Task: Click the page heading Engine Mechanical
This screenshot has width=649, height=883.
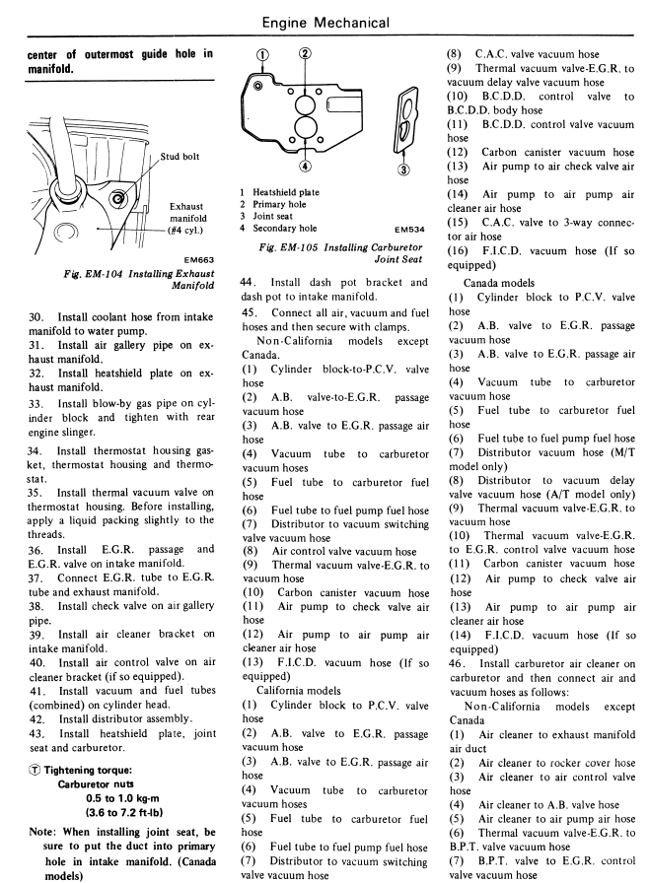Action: (x=324, y=19)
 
